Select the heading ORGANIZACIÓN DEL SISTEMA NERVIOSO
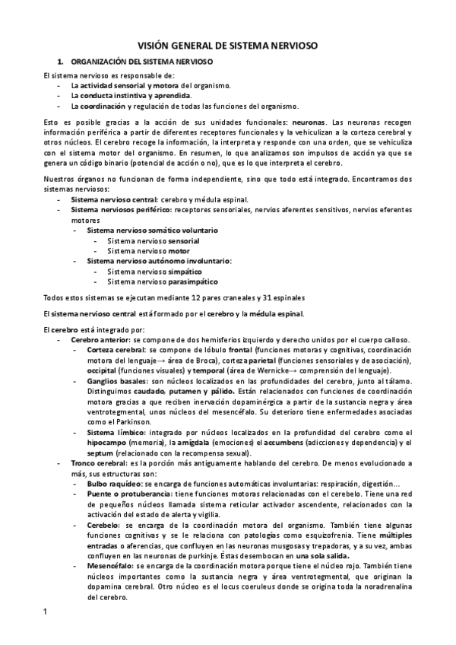[x=141, y=60]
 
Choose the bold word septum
[x=101, y=453]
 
